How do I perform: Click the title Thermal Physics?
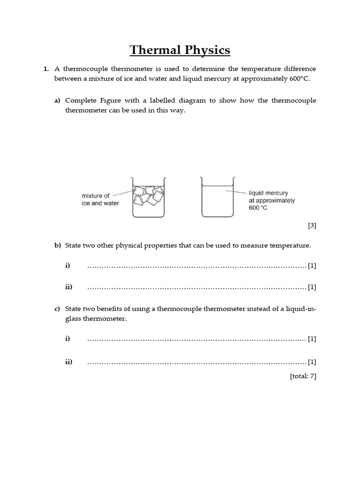coord(180,50)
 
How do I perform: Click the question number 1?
coord(46,69)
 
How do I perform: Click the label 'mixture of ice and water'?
coord(100,200)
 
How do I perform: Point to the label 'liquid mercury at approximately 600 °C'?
coord(272,200)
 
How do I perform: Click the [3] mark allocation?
coord(312,225)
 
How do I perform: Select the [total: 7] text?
coord(303,376)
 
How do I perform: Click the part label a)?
coord(58,101)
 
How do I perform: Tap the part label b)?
coord(58,245)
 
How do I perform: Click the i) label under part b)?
coord(67,266)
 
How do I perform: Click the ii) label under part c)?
coord(68,362)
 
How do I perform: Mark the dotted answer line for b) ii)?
coord(197,287)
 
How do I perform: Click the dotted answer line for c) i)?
coord(197,339)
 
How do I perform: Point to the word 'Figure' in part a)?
coord(109,101)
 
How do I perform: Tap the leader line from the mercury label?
coord(236,192)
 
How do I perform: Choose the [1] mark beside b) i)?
coord(312,266)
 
